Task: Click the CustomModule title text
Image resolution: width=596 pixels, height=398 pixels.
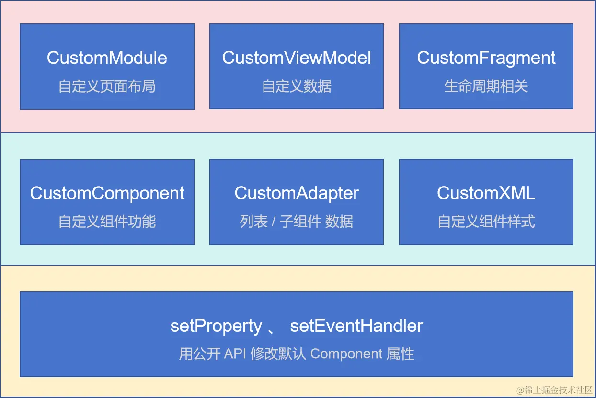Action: [107, 58]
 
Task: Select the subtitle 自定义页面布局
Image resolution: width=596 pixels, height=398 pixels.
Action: [107, 86]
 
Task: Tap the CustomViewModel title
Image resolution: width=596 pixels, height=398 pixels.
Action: [297, 58]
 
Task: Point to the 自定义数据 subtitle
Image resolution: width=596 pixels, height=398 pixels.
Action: [297, 86]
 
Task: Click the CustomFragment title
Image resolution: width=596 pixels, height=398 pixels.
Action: [486, 58]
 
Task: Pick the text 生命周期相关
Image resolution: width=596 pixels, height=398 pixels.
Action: [486, 86]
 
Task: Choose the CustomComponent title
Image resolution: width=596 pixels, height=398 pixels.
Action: [107, 193]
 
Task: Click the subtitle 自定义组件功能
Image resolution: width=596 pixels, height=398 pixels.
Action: [107, 222]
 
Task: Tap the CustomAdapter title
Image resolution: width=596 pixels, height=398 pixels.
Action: [297, 193]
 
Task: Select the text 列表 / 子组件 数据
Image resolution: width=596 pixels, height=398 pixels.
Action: [297, 222]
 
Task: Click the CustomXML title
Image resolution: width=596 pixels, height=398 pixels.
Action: [486, 193]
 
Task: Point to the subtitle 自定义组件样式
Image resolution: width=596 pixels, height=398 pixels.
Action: [486, 222]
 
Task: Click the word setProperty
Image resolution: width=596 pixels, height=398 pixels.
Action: [216, 327]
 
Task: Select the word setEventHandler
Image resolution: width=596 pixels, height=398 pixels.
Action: [356, 327]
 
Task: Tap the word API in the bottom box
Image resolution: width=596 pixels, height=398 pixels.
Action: [235, 354]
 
